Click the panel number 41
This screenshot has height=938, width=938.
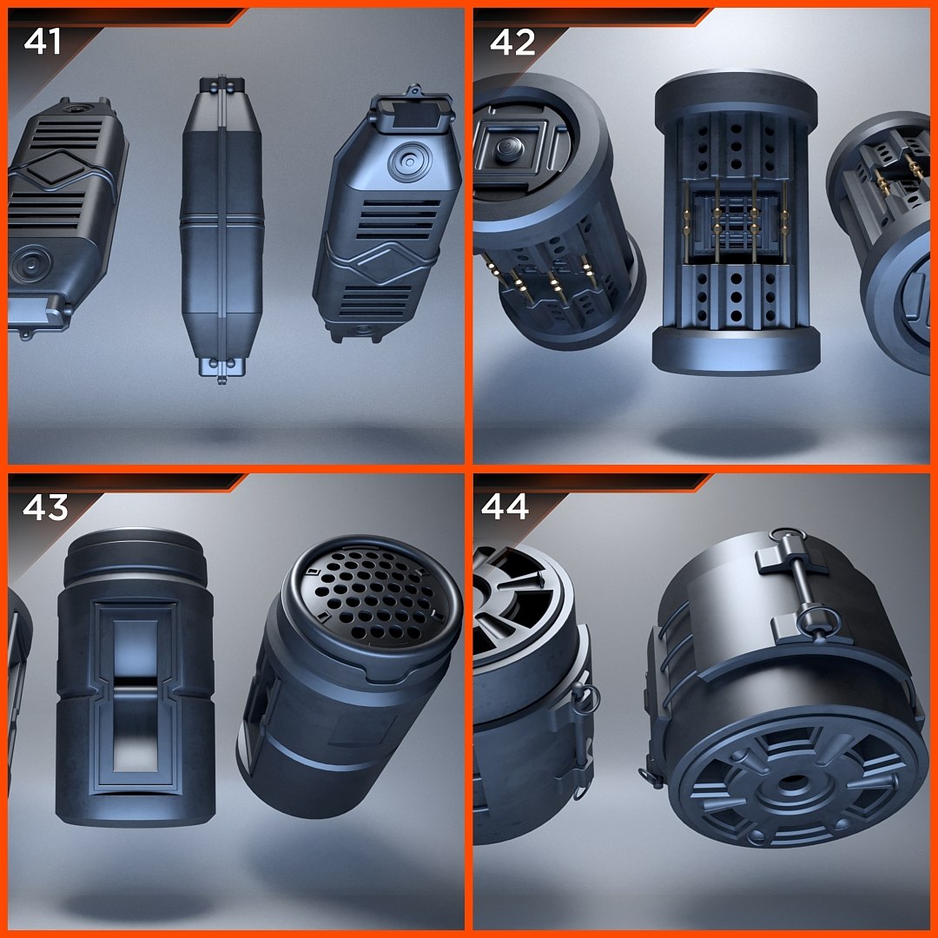click(43, 41)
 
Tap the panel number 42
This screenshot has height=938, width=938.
click(512, 42)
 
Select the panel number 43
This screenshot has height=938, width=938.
click(45, 507)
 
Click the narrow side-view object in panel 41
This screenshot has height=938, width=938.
click(221, 230)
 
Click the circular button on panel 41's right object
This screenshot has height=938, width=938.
click(406, 164)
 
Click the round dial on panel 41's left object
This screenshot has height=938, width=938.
click(30, 261)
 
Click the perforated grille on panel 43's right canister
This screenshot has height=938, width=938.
click(373, 591)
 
